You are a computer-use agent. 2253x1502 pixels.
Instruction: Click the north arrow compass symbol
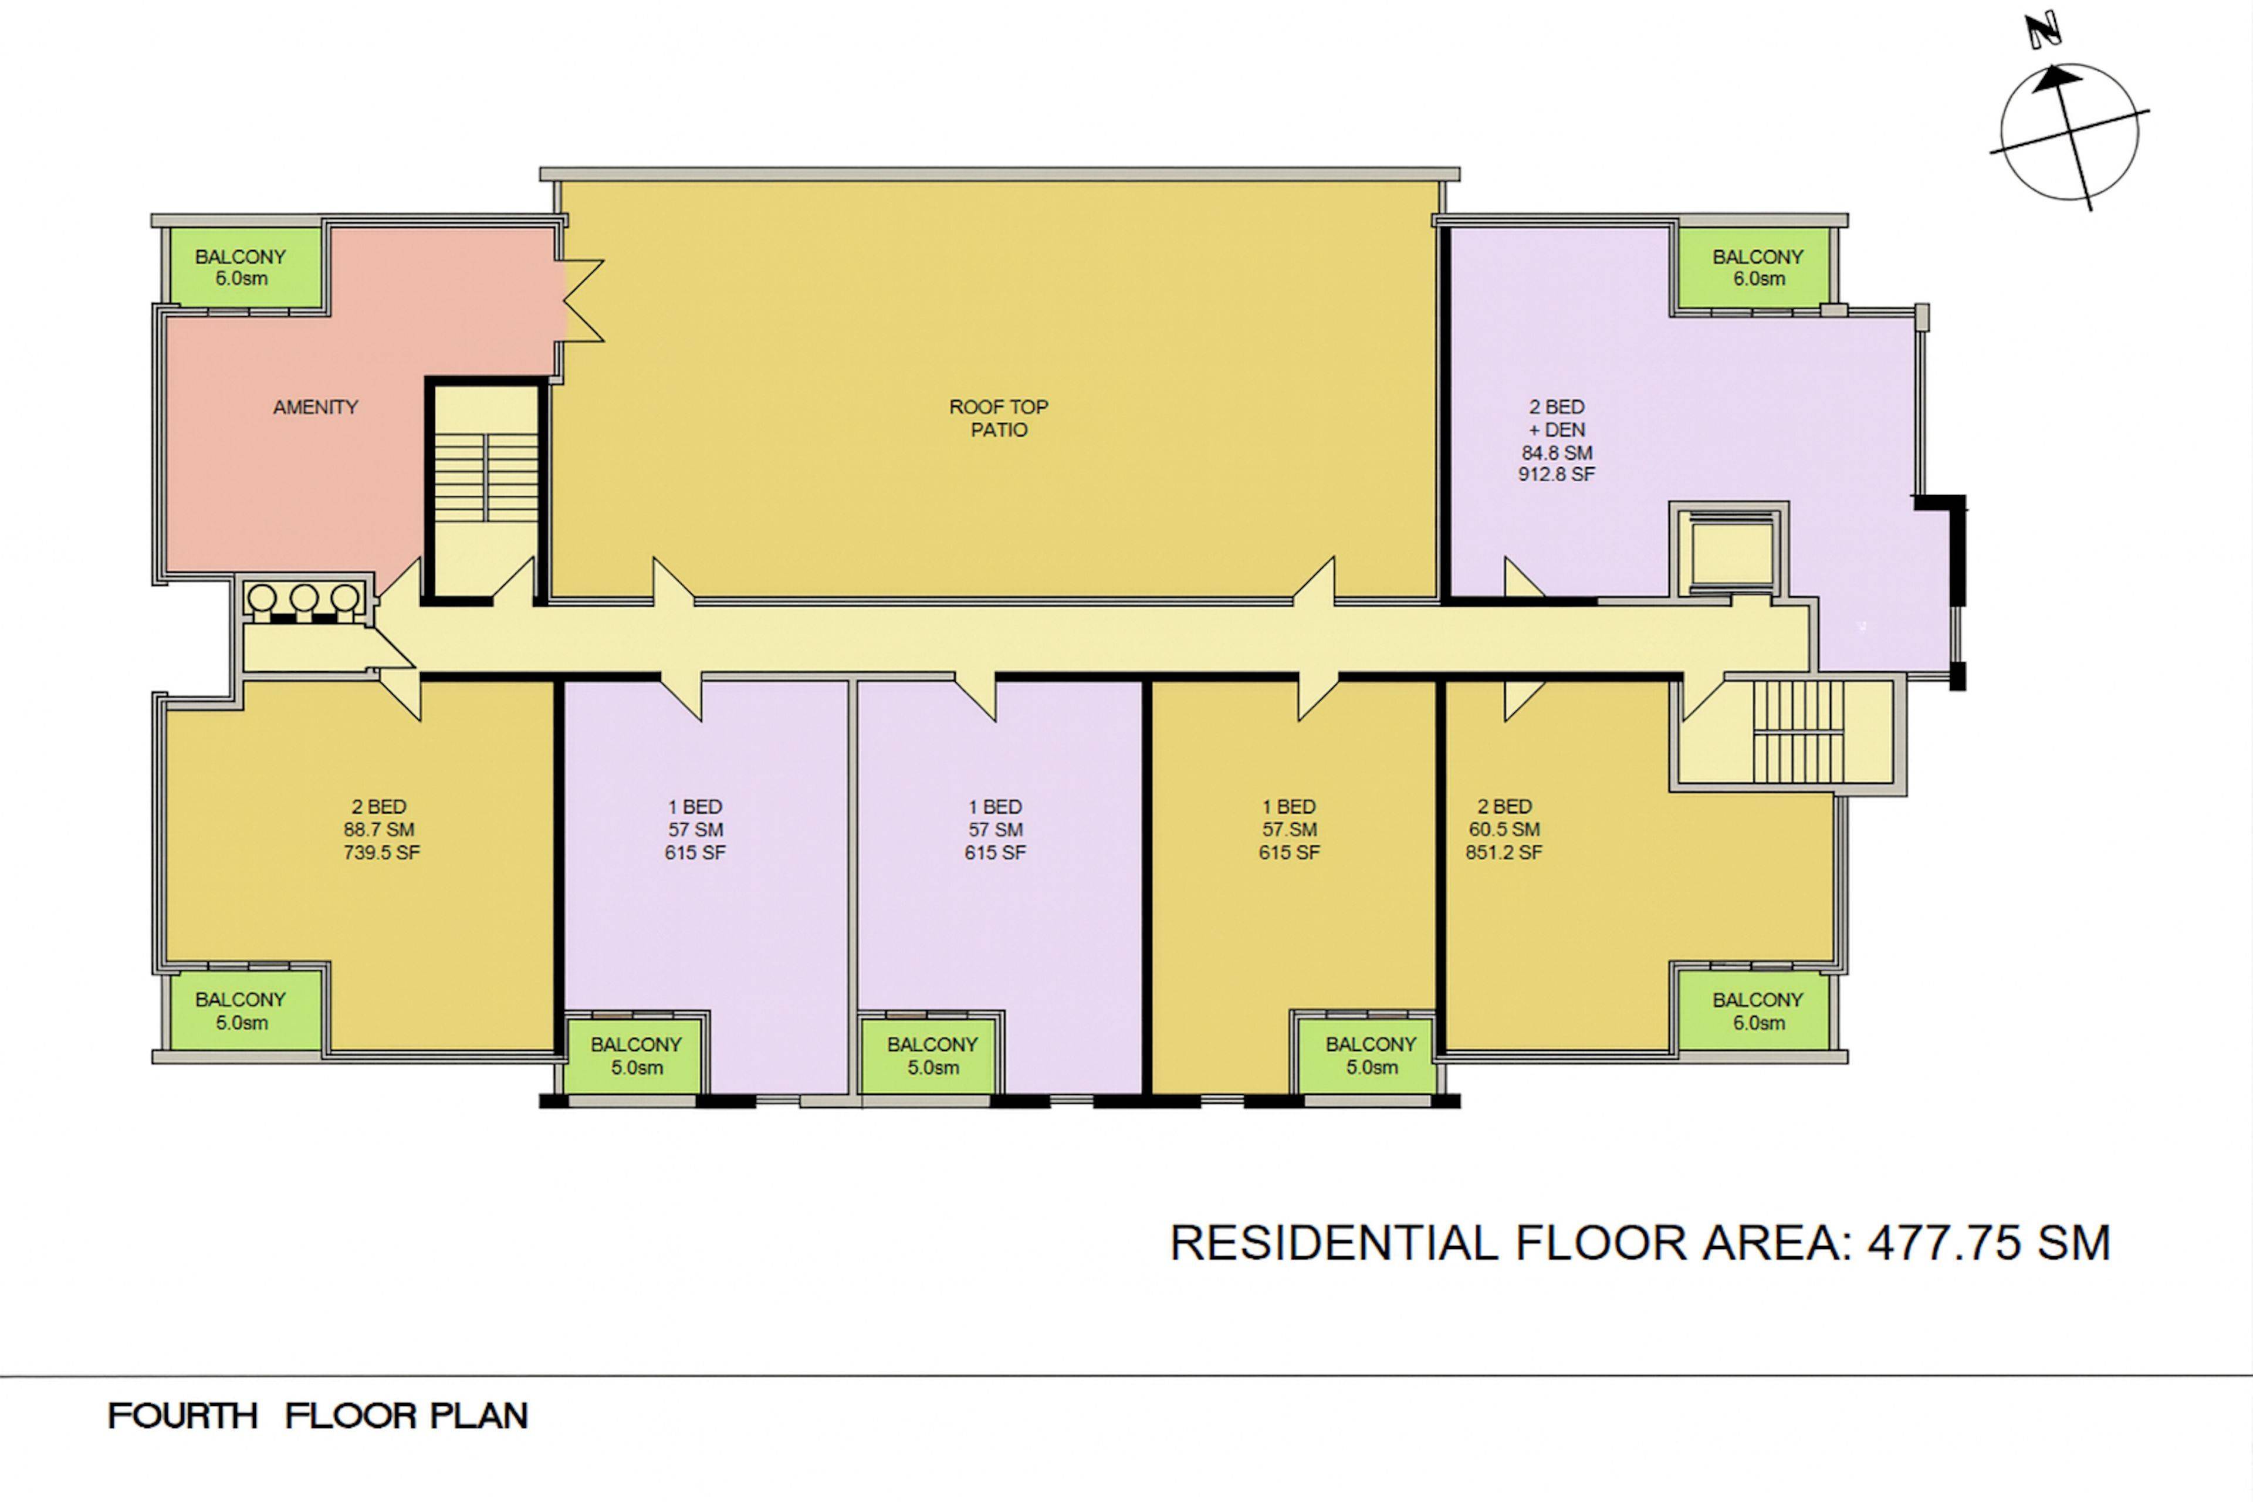coord(2069,132)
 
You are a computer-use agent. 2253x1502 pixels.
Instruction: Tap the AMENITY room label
coord(315,407)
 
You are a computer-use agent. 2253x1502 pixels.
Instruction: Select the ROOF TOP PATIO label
coord(999,418)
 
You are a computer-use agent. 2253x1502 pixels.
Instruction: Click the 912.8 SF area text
coord(1557,474)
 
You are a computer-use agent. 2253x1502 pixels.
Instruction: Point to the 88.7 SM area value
coord(380,830)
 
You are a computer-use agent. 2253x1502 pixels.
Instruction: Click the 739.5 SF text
coord(381,853)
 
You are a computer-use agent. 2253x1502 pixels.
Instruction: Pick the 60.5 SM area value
coord(1504,830)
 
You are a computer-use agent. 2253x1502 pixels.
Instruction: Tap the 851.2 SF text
coord(1504,853)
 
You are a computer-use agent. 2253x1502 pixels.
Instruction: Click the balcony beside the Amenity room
coord(241,268)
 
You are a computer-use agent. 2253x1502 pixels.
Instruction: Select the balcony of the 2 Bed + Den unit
coord(1758,268)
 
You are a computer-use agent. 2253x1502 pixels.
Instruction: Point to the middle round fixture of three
coord(304,598)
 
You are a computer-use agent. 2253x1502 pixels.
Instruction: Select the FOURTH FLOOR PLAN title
coord(317,1416)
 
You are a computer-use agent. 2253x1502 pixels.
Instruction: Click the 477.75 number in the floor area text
coord(1944,1243)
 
